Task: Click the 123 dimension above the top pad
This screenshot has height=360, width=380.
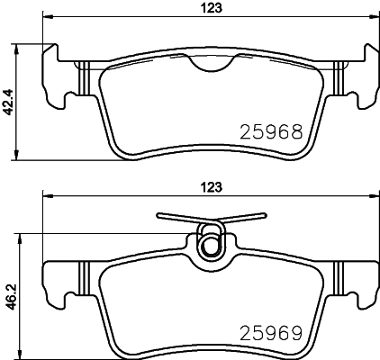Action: [212, 8]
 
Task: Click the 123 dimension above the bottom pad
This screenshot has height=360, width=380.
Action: [212, 187]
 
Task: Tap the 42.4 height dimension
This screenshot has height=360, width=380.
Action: [8, 102]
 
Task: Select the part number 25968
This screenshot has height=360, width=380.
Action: [271, 131]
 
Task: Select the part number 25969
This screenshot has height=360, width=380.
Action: [271, 333]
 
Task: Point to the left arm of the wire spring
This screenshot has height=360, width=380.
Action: [177, 218]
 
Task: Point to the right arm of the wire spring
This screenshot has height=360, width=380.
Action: [244, 218]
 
